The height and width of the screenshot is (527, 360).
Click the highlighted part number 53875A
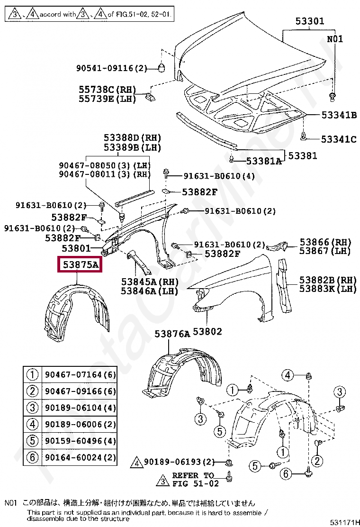pos(79,265)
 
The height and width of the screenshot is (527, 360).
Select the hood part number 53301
pos(310,21)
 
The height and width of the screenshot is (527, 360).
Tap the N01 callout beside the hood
pos(334,39)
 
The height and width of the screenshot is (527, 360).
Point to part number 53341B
pos(339,115)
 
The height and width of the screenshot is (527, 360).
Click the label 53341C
pos(339,139)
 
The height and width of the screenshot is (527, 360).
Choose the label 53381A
pos(263,162)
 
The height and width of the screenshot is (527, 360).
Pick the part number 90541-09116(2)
pos(112,68)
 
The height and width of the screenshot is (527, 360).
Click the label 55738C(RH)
pos(107,90)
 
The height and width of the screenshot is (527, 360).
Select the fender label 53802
pos(207,332)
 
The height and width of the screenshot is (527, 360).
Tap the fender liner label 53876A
pos(172,335)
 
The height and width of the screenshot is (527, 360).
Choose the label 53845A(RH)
pos(146,282)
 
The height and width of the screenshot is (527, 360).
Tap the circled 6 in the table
pos(32,457)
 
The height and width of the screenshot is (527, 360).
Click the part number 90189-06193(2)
pos(180,462)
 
